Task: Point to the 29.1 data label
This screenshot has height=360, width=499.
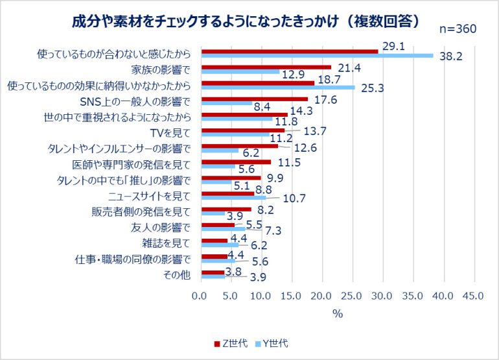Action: (393, 47)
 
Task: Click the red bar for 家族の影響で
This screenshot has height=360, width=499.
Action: (266, 67)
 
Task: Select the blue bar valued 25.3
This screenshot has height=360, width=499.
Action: (278, 87)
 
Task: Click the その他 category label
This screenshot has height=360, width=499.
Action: (178, 275)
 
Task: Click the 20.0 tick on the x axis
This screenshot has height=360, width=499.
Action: (321, 296)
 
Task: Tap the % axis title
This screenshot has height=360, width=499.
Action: (337, 313)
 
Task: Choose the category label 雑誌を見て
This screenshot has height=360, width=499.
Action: (166, 243)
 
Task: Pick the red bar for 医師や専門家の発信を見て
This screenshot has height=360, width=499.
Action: (237, 162)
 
